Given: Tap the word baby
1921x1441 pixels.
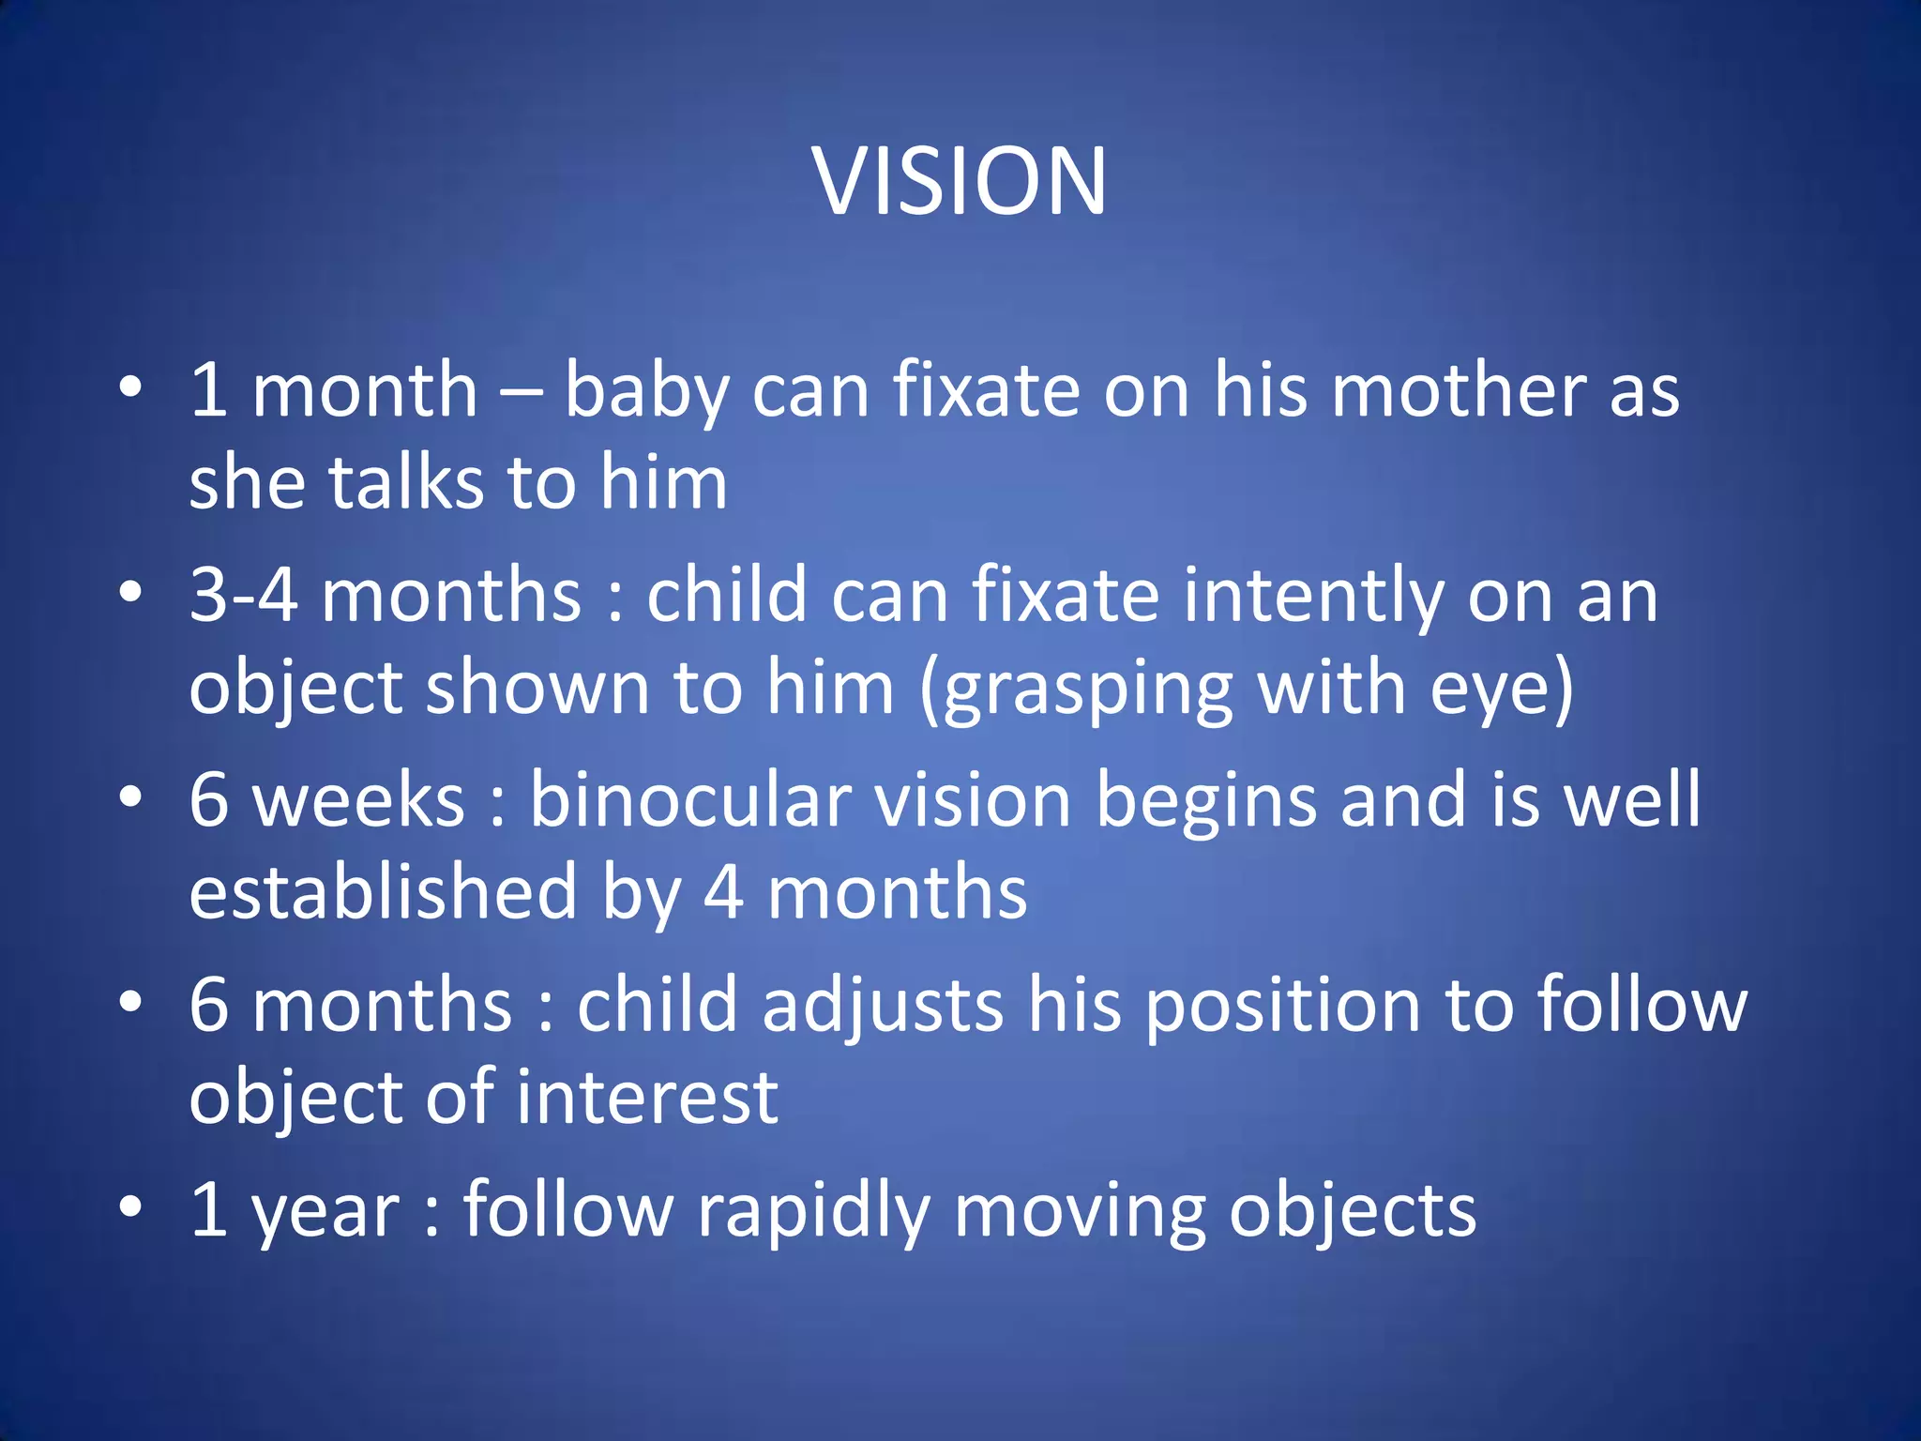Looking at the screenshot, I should coord(646,391).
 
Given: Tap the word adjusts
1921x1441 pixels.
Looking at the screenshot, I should coord(883,1005).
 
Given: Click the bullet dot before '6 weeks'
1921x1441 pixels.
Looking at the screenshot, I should coord(130,798).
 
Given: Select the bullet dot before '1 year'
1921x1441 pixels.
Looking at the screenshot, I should coord(130,1207).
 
